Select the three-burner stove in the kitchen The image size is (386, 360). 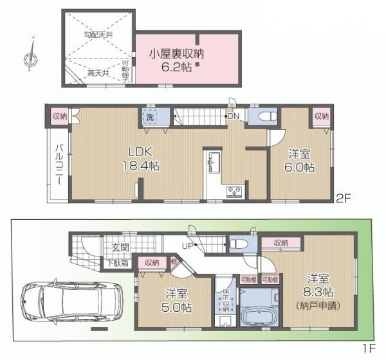(232, 191)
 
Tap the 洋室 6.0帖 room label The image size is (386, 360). (300, 160)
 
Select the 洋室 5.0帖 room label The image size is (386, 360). (174, 298)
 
